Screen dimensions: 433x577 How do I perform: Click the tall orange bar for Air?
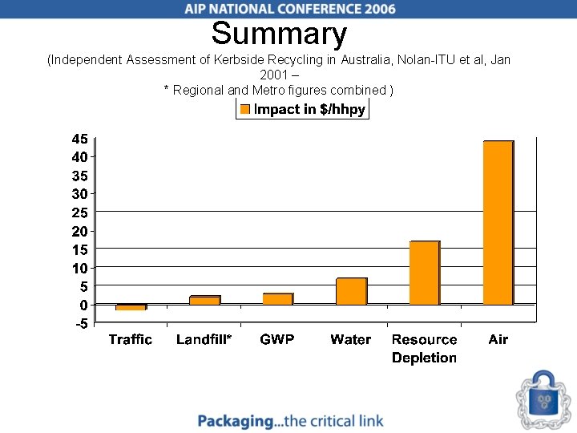tap(498, 223)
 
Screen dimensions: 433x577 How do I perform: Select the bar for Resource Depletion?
tap(424, 273)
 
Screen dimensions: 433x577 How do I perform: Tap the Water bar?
tap(351, 291)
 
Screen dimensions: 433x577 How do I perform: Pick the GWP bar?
tap(277, 299)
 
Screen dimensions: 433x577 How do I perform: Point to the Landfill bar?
tap(204, 300)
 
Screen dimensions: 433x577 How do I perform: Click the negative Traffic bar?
tap(131, 307)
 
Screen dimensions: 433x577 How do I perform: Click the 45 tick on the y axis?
tap(79, 138)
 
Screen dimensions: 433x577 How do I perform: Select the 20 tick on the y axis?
tap(79, 231)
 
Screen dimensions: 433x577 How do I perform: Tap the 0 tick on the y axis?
tap(83, 305)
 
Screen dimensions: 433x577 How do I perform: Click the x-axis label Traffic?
tap(130, 340)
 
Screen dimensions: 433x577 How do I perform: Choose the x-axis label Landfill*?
tap(204, 340)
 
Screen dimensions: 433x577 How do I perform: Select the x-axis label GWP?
tap(277, 340)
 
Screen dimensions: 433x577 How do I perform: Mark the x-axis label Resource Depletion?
tap(424, 349)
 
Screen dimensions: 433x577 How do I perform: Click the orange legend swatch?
tap(245, 110)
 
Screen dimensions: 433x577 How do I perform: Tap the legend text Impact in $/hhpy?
tap(309, 110)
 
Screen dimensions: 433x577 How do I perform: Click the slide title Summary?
tap(279, 34)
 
